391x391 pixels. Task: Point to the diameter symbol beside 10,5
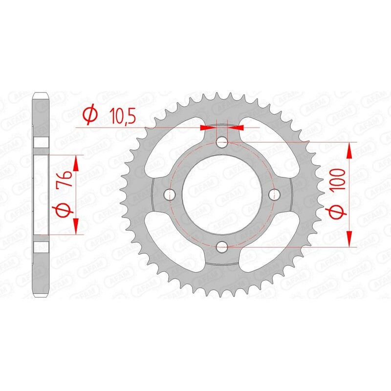(91, 116)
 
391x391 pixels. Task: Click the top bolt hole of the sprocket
(222, 143)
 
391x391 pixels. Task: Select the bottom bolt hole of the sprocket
(222, 246)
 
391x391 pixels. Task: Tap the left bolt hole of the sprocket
(171, 195)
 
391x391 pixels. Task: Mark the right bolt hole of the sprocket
(274, 195)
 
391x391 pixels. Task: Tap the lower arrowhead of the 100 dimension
(349, 238)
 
